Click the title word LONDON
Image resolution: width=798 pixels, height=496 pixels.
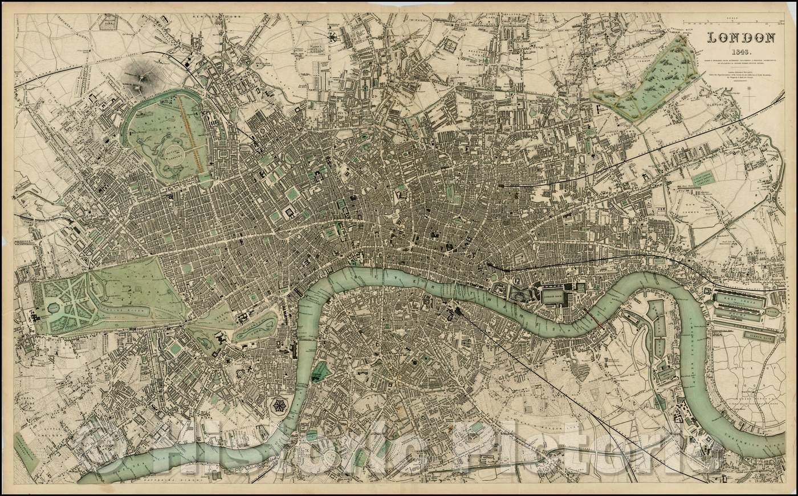[740, 38]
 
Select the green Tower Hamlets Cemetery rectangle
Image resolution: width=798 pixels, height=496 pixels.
[703, 179]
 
